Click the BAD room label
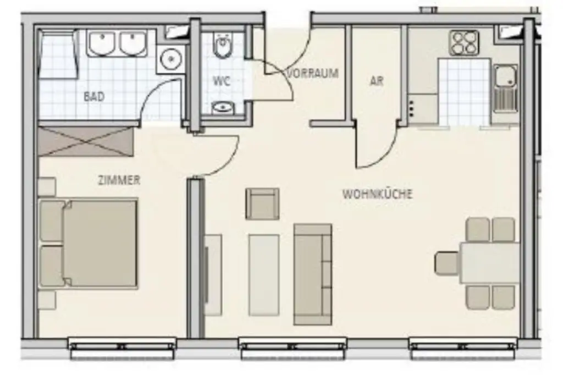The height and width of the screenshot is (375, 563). pos(94,96)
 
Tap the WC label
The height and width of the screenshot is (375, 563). pos(221,81)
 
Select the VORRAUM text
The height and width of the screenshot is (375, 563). pos(313,73)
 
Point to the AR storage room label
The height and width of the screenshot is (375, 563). pos(377,81)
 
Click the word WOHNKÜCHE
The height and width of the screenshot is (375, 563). pos(377,194)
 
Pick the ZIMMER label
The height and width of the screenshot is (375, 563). pos(118,180)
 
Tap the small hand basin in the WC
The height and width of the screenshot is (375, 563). pos(222,107)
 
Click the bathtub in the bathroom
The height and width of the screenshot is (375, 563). pos(58,55)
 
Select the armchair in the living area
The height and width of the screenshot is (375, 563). pos(262,204)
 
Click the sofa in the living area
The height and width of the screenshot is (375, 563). pos(313,274)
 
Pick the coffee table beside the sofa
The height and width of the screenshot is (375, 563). pos(264,274)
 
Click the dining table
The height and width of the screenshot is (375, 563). pos(489,263)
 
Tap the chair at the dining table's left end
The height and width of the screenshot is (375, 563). pos(446,263)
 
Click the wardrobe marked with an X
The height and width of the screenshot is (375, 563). pos(86,141)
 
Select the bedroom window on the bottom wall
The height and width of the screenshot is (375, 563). pos(122,347)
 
